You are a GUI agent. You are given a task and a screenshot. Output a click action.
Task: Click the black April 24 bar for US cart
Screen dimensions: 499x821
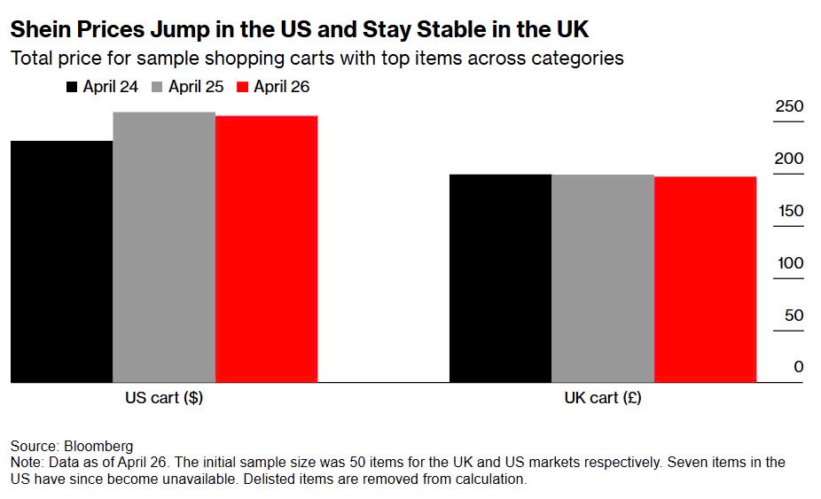(x=61, y=261)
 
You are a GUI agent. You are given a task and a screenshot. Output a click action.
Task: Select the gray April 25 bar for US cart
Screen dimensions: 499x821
(x=164, y=247)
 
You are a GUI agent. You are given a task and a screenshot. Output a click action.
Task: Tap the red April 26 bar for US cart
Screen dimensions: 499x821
(x=266, y=249)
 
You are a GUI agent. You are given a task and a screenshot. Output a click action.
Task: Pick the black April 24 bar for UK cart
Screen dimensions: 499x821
(x=500, y=278)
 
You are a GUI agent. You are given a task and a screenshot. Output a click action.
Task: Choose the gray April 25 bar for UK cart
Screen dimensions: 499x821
(x=603, y=278)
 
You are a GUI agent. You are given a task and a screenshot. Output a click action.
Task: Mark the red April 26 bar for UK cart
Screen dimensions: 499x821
(x=705, y=279)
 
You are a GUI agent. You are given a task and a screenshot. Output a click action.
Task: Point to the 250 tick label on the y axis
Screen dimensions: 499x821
(x=789, y=107)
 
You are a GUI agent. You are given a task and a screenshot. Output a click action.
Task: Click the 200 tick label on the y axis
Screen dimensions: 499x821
(x=789, y=160)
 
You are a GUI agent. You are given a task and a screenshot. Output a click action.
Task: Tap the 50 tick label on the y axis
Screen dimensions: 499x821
(x=793, y=316)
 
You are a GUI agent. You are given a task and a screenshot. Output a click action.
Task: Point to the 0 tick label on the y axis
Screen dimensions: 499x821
(x=798, y=368)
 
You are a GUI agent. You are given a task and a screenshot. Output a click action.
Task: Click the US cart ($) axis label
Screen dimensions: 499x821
(x=164, y=398)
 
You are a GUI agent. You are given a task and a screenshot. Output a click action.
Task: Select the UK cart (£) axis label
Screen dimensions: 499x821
(x=603, y=398)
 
